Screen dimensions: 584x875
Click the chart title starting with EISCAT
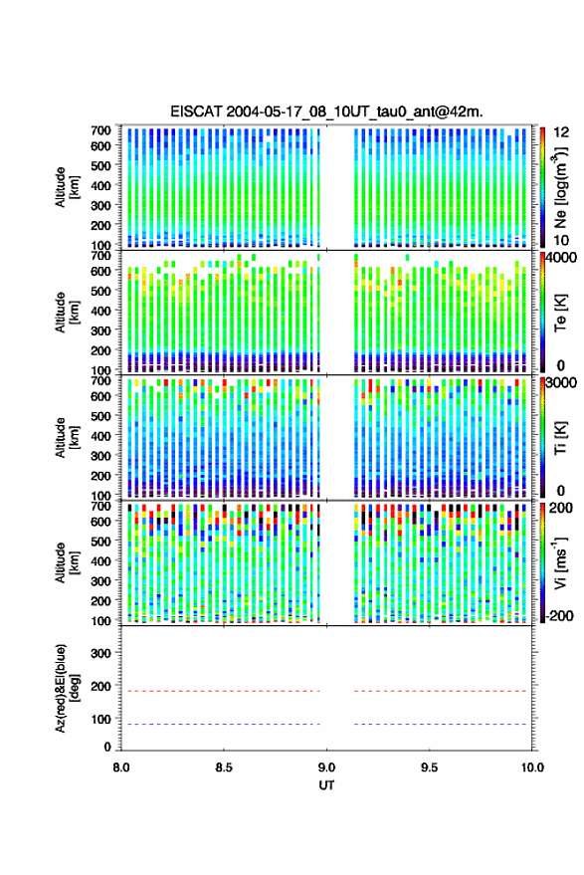tap(326, 111)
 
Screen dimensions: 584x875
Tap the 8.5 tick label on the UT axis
tap(224, 767)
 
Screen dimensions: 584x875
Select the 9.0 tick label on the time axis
tap(326, 767)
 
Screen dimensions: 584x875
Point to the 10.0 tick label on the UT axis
tap(532, 767)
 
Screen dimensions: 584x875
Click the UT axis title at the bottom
tap(326, 785)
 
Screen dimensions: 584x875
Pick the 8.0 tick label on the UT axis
tap(121, 767)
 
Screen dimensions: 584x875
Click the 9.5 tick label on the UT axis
tap(429, 767)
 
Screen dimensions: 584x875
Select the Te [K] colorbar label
tap(560, 314)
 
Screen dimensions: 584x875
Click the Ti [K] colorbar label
tap(560, 438)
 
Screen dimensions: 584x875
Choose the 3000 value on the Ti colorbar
tap(562, 383)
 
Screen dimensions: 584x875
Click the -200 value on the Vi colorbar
tap(560, 616)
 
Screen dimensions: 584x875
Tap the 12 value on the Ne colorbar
tap(562, 132)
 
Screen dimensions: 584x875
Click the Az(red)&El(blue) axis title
tap(67, 688)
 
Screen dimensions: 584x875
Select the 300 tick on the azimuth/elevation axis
tap(100, 653)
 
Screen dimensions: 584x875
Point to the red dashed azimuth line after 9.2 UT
tap(440, 691)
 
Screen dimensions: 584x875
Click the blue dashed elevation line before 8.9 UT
tap(220, 725)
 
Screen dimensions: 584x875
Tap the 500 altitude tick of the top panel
tap(100, 165)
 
